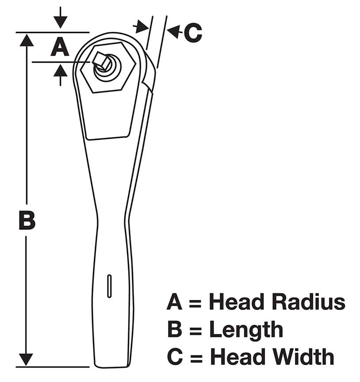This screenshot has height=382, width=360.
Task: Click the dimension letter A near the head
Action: point(60,46)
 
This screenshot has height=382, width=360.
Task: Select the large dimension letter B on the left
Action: point(27,220)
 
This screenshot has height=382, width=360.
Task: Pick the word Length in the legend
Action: point(246,329)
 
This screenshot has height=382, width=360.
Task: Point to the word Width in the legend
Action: point(300,357)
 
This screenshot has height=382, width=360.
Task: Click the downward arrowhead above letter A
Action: point(60,23)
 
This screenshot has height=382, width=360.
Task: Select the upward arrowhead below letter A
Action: point(60,69)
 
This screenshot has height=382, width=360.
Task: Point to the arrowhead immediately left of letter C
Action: point(174,31)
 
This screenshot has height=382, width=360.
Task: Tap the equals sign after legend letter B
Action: point(195,330)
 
